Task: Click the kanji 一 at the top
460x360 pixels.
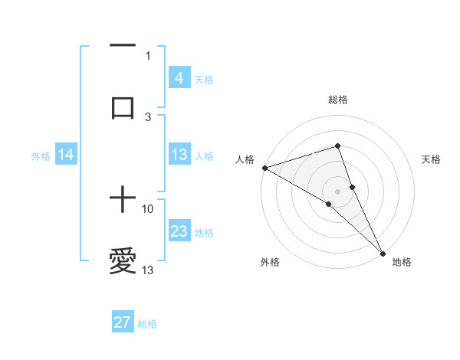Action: click(x=123, y=47)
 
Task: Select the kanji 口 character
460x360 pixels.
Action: click(x=123, y=107)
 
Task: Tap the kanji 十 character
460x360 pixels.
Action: click(x=123, y=201)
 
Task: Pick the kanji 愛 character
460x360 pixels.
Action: click(x=123, y=261)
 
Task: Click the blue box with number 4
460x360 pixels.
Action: click(x=179, y=77)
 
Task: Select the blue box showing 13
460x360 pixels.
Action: click(x=179, y=155)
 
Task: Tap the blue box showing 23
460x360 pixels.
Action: click(x=179, y=231)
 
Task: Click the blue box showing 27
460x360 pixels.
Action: click(x=122, y=322)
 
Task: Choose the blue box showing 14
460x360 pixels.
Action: click(x=66, y=155)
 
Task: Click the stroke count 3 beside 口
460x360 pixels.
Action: click(x=148, y=116)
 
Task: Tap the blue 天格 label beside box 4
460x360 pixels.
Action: click(x=204, y=79)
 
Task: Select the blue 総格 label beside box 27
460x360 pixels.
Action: click(x=147, y=324)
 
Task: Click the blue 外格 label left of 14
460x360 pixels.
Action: click(x=41, y=155)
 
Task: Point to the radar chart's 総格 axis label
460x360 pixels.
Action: click(x=338, y=100)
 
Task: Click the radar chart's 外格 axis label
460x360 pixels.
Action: click(x=269, y=262)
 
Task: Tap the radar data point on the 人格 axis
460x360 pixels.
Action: click(x=264, y=167)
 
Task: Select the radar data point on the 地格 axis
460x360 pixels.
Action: click(x=383, y=251)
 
